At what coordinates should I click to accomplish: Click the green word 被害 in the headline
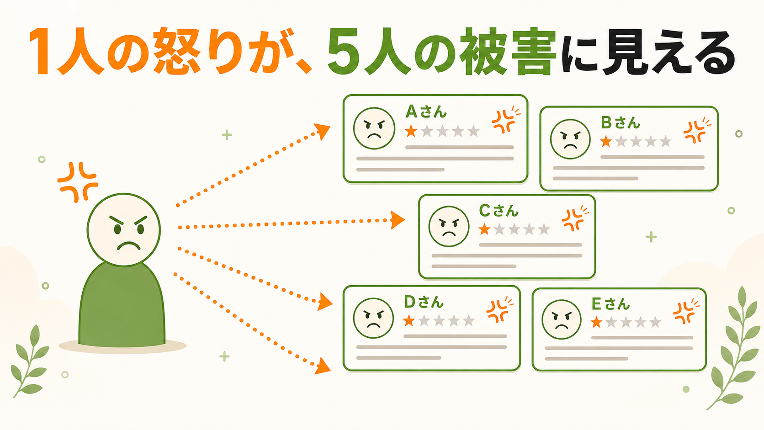pyautogui.click(x=508, y=51)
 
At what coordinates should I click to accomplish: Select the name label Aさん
pyautogui.click(x=426, y=112)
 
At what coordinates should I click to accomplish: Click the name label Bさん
pyautogui.click(x=621, y=123)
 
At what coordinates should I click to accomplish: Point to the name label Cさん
pyautogui.click(x=499, y=210)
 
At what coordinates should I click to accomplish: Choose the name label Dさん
pyautogui.click(x=424, y=302)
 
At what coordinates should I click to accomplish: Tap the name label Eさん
pyautogui.click(x=610, y=304)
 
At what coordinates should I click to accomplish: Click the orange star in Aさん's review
pyautogui.click(x=411, y=131)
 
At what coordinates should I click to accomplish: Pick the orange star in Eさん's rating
pyautogui.click(x=596, y=322)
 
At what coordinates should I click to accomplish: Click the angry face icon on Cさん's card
pyautogui.click(x=449, y=226)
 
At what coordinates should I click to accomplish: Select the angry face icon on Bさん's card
pyautogui.click(x=570, y=139)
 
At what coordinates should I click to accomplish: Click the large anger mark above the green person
pyautogui.click(x=78, y=182)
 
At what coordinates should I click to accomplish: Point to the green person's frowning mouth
pyautogui.click(x=128, y=246)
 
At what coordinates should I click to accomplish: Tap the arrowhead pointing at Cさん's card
pyautogui.click(x=398, y=220)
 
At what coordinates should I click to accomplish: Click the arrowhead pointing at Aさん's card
pyautogui.click(x=322, y=131)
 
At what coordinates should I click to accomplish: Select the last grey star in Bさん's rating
pyautogui.click(x=665, y=142)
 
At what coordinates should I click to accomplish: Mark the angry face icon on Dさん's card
pyautogui.click(x=373, y=318)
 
